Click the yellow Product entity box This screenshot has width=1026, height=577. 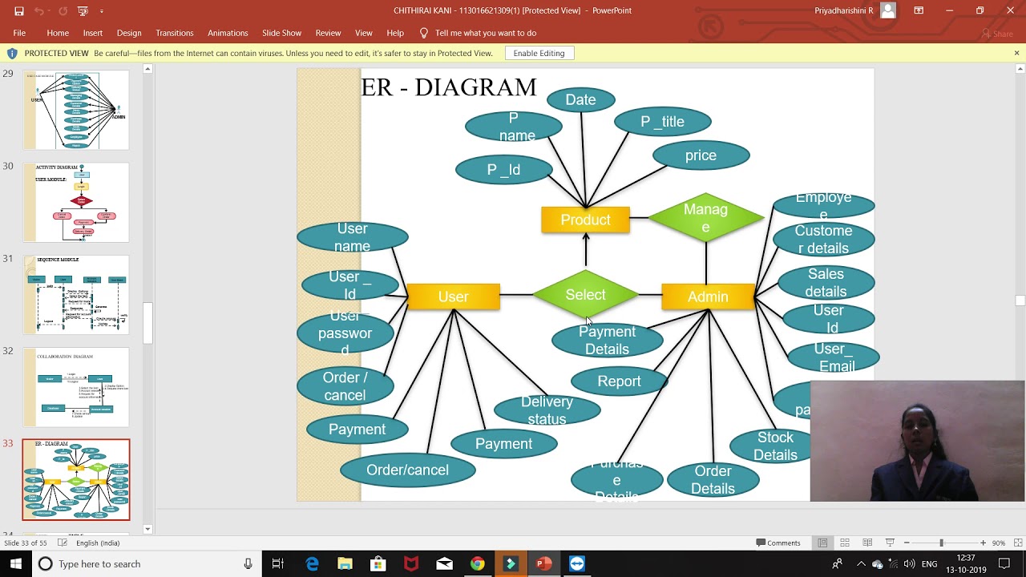point(585,220)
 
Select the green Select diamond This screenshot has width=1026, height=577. point(585,295)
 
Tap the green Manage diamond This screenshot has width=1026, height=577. point(705,218)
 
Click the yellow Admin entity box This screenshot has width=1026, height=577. point(708,297)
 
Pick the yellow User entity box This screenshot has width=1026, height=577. point(453,297)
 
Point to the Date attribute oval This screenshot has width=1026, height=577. point(580,100)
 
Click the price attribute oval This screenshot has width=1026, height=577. point(701,155)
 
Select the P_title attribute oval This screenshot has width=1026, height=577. point(662,122)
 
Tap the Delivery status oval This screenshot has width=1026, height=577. point(547,410)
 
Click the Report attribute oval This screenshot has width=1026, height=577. point(619,381)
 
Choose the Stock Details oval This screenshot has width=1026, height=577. point(775,446)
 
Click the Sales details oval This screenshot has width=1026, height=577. point(826,283)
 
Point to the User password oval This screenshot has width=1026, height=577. point(345,333)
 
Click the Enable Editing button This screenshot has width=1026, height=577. point(539,53)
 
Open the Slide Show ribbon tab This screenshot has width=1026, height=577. point(281,33)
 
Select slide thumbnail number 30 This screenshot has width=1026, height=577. point(76,202)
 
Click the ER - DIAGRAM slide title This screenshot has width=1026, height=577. point(448,87)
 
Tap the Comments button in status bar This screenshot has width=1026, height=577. point(778,543)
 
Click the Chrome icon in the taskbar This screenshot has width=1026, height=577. point(477,564)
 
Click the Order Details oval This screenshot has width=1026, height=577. point(713,479)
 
